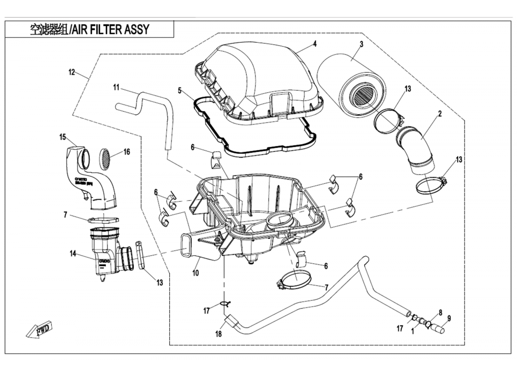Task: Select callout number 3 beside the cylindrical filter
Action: coord(361,45)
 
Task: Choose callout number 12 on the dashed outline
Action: coord(71,72)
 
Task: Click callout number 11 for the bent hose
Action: coord(117,87)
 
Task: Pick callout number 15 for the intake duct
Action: coord(63,137)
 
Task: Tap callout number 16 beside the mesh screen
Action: coord(126,152)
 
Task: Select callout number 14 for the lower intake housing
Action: coord(73,254)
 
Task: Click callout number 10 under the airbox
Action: coord(196,273)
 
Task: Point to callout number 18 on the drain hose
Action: coord(219,334)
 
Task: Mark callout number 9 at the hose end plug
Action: coord(449,318)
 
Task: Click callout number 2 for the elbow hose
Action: coord(439,113)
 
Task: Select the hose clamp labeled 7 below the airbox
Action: coord(292,282)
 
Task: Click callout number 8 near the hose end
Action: coord(440,312)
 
